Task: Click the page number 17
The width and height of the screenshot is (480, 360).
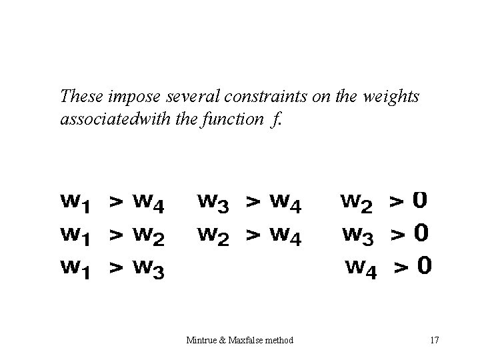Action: point(435,341)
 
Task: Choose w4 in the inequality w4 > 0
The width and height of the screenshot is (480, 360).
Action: point(361,269)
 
